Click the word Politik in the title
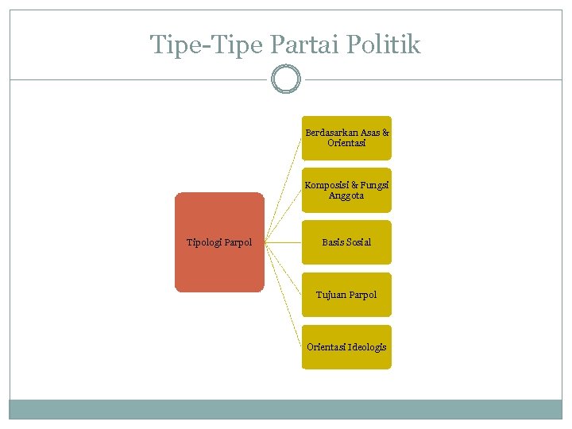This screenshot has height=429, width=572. click(384, 44)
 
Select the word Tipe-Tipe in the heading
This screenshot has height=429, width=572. click(207, 44)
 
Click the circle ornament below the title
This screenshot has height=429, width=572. click(286, 79)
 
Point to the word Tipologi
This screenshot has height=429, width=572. click(204, 242)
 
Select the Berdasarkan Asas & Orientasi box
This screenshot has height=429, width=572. click(346, 137)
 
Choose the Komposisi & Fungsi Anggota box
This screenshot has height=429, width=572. click(346, 190)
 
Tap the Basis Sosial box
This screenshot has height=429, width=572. click(346, 242)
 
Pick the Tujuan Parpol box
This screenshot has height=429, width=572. click(346, 295)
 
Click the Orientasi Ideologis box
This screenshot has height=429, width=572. click(346, 347)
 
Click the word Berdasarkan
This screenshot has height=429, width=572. click(331, 133)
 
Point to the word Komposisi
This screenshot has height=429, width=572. click(326, 185)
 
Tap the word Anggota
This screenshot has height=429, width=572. click(346, 196)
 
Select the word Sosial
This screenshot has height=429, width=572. click(357, 242)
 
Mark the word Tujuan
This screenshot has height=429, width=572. click(330, 295)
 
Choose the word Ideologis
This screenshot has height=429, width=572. click(366, 347)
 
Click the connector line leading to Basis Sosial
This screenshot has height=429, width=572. click(283, 242)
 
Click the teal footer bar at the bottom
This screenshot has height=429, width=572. click(286, 409)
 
